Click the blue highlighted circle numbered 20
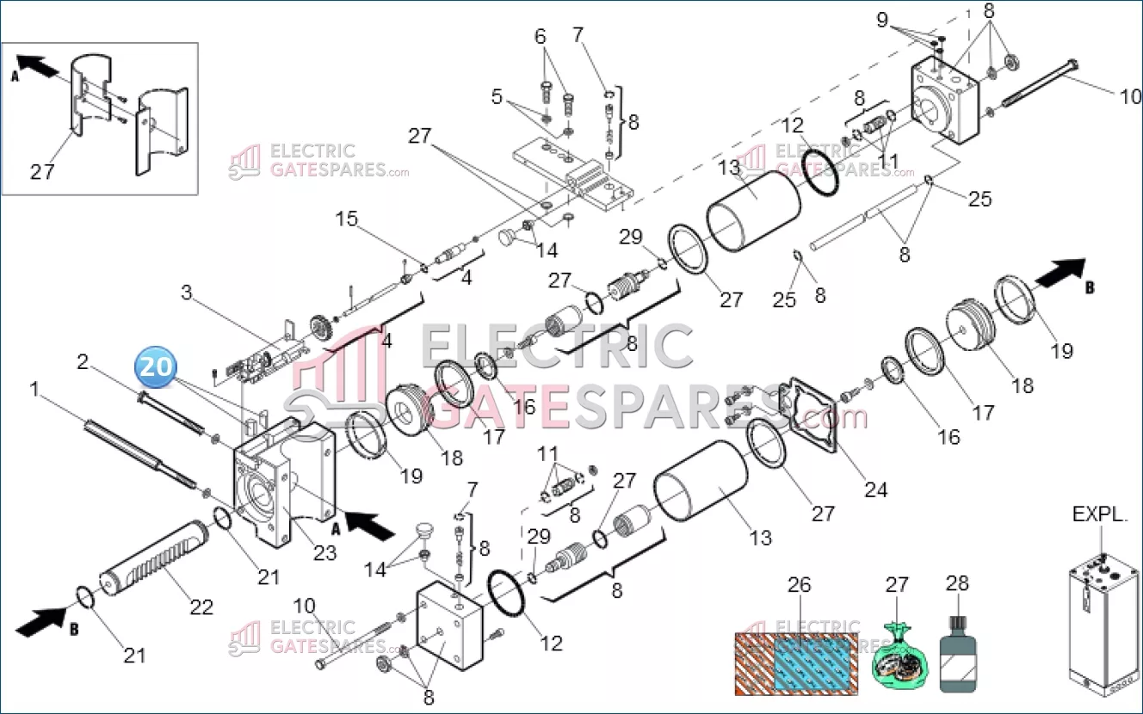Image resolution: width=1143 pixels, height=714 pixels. pyautogui.click(x=156, y=366)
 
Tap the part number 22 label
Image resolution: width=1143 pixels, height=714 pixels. pyautogui.click(x=201, y=607)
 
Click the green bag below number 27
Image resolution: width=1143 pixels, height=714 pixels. pyautogui.click(x=900, y=657)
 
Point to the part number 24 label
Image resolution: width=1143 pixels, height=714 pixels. pyautogui.click(x=875, y=489)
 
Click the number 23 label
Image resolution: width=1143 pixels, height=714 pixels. pyautogui.click(x=325, y=553)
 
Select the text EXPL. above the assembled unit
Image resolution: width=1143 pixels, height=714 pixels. pyautogui.click(x=1100, y=514)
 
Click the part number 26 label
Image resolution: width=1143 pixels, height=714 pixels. pyautogui.click(x=799, y=585)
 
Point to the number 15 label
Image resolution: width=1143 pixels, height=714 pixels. pyautogui.click(x=347, y=219)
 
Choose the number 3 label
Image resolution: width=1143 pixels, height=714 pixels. pyautogui.click(x=187, y=292)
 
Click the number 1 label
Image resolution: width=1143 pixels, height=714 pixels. pyautogui.click(x=34, y=389)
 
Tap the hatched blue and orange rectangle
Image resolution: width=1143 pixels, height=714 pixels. pyautogui.click(x=796, y=664)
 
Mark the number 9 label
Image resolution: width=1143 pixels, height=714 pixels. pyautogui.click(x=882, y=20)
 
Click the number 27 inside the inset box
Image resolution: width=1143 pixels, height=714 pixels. pyautogui.click(x=42, y=172)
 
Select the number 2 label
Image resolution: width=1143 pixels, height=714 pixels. pyautogui.click(x=83, y=362)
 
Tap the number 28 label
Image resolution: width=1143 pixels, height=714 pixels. pyautogui.click(x=957, y=583)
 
